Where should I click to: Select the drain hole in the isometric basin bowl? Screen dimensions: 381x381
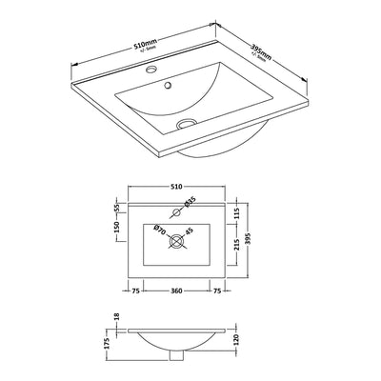[x=187, y=122]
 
